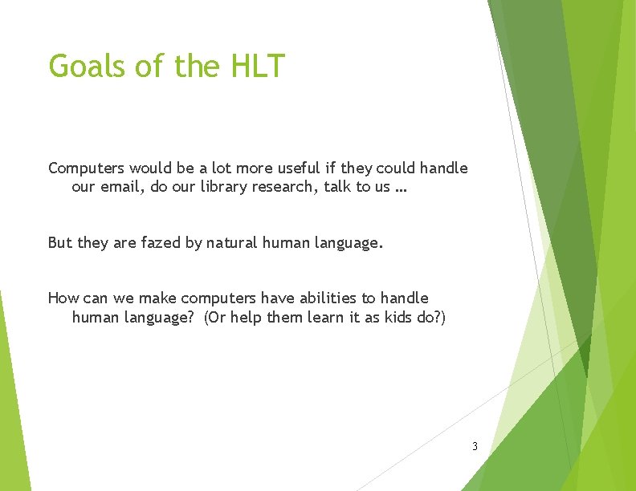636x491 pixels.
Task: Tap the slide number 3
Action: (x=475, y=446)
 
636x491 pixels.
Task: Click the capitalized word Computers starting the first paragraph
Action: (x=86, y=168)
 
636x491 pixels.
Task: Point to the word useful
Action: (x=299, y=168)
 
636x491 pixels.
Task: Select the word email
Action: (x=121, y=189)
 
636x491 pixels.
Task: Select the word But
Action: (x=60, y=242)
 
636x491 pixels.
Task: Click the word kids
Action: (x=397, y=318)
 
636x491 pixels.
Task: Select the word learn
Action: (x=315, y=318)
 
